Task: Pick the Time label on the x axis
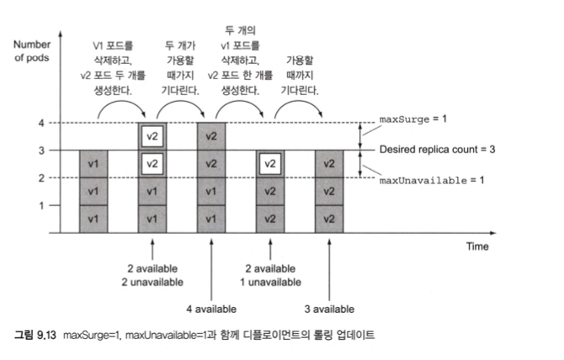coord(477,246)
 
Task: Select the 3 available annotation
coord(328,308)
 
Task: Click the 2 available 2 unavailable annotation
coord(152,274)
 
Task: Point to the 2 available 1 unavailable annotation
coord(269,274)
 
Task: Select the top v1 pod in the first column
coord(93,164)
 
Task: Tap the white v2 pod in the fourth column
coord(269,164)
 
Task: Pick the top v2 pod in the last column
coord(328,164)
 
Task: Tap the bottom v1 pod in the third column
coord(211,219)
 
